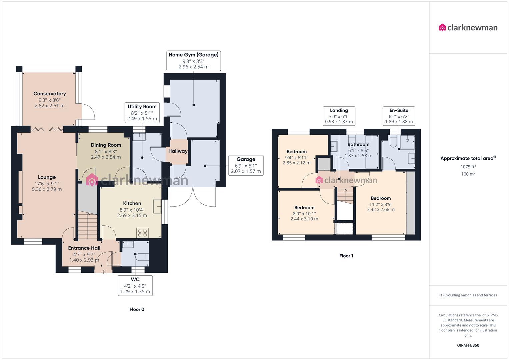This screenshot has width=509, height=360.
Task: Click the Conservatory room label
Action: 50,94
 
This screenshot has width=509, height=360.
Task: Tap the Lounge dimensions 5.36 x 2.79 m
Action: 47,189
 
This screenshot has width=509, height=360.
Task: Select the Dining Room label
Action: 106,145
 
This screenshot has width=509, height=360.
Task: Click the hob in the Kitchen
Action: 143,232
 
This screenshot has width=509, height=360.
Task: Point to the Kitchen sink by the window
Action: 157,206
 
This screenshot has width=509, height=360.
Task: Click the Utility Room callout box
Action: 142,112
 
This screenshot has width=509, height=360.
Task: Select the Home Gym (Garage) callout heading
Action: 193,55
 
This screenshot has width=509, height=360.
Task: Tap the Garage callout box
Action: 246,165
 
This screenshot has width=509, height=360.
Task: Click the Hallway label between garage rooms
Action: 178,151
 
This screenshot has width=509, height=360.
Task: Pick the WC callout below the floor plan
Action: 135,285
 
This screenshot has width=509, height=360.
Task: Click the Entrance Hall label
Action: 84,248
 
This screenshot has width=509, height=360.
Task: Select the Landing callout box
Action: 339,116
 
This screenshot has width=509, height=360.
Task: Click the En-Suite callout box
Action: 399,116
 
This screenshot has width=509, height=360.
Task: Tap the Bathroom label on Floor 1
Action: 358,144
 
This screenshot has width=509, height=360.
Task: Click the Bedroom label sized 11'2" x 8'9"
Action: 381,198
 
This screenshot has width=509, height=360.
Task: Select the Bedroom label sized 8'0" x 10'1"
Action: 304,207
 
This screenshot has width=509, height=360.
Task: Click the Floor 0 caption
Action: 137,309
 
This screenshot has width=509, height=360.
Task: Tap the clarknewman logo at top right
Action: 468,28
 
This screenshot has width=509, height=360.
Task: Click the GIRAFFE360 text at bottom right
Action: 468,345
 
